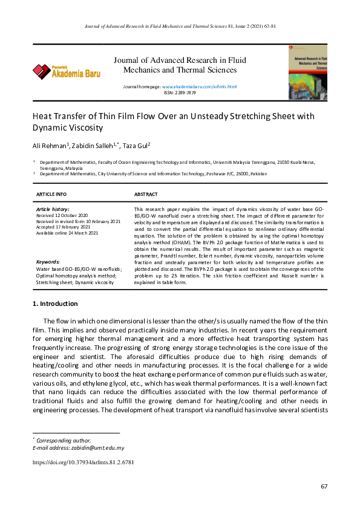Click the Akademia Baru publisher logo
click(67, 71)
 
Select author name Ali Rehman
click(50, 146)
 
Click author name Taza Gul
click(136, 146)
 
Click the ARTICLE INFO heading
click(52, 194)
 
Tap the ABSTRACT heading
click(146, 194)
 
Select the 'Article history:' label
click(53, 209)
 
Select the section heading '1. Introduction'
click(55, 303)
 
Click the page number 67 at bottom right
click(324, 487)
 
